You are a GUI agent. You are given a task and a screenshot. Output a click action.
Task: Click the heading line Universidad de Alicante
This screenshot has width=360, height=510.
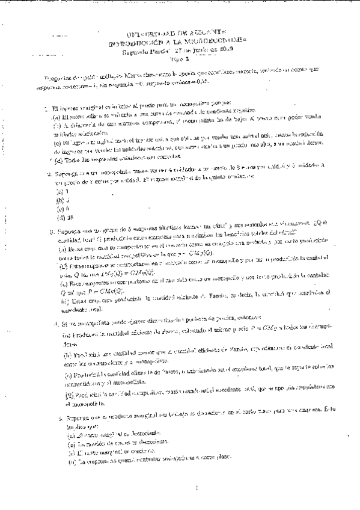tap(181, 35)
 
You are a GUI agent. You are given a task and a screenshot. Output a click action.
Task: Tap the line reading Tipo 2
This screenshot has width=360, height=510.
tap(180, 60)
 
